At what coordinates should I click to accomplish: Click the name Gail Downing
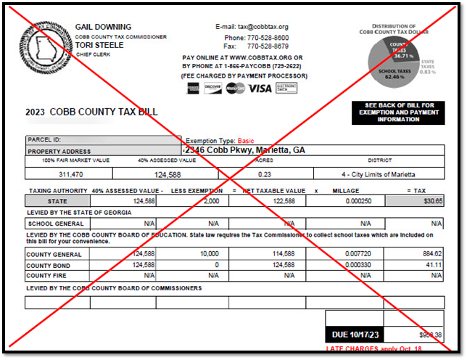(x=104, y=27)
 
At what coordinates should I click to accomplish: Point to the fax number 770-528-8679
(x=267, y=46)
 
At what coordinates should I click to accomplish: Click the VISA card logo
(x=260, y=88)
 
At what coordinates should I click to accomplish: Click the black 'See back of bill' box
(x=397, y=112)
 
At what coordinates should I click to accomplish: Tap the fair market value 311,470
(x=68, y=174)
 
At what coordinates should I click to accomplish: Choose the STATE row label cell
(x=57, y=201)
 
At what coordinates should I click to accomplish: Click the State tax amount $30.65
(x=433, y=201)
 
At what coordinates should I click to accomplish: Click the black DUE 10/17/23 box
(x=354, y=335)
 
